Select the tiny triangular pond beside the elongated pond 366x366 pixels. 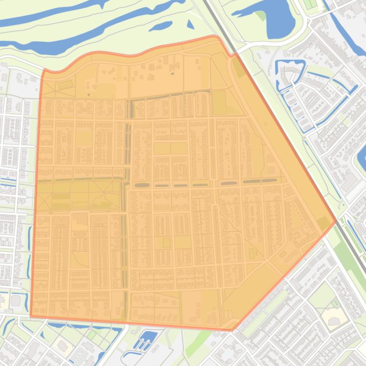click(x=190, y=24)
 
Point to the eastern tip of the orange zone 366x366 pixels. click(x=336, y=221)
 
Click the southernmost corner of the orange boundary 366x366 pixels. click(x=231, y=329)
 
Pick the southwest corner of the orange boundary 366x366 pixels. click(x=31, y=316)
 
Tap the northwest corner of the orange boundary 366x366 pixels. click(x=44, y=70)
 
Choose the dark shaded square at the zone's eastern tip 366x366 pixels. click(x=325, y=222)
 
